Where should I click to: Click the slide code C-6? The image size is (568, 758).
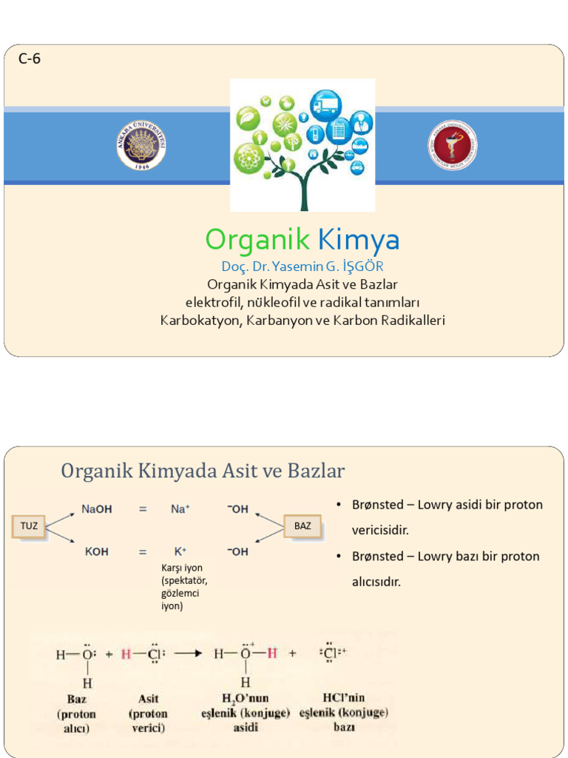[x=29, y=59]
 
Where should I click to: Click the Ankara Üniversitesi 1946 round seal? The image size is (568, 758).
[x=141, y=144]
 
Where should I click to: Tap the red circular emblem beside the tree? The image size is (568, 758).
[x=452, y=145]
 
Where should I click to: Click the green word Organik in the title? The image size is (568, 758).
[x=257, y=239]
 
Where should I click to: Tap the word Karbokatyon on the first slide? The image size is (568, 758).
[x=200, y=321]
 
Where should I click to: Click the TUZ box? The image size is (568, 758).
[x=29, y=526]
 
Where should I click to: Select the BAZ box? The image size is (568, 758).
[x=302, y=526]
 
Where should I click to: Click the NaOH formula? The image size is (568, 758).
[x=97, y=509]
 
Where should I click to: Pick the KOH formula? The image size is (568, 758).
[x=96, y=552]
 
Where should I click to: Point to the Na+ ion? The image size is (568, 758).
[x=180, y=509]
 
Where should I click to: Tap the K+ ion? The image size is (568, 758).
[x=180, y=552]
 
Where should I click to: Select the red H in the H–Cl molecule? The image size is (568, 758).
[x=126, y=655]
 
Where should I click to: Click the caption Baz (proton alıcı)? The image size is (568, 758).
[x=76, y=714]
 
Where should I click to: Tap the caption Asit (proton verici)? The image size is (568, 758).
[x=148, y=714]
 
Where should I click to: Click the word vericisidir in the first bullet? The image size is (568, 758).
[x=379, y=531]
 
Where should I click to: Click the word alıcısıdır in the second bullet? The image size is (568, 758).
[x=376, y=582]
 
